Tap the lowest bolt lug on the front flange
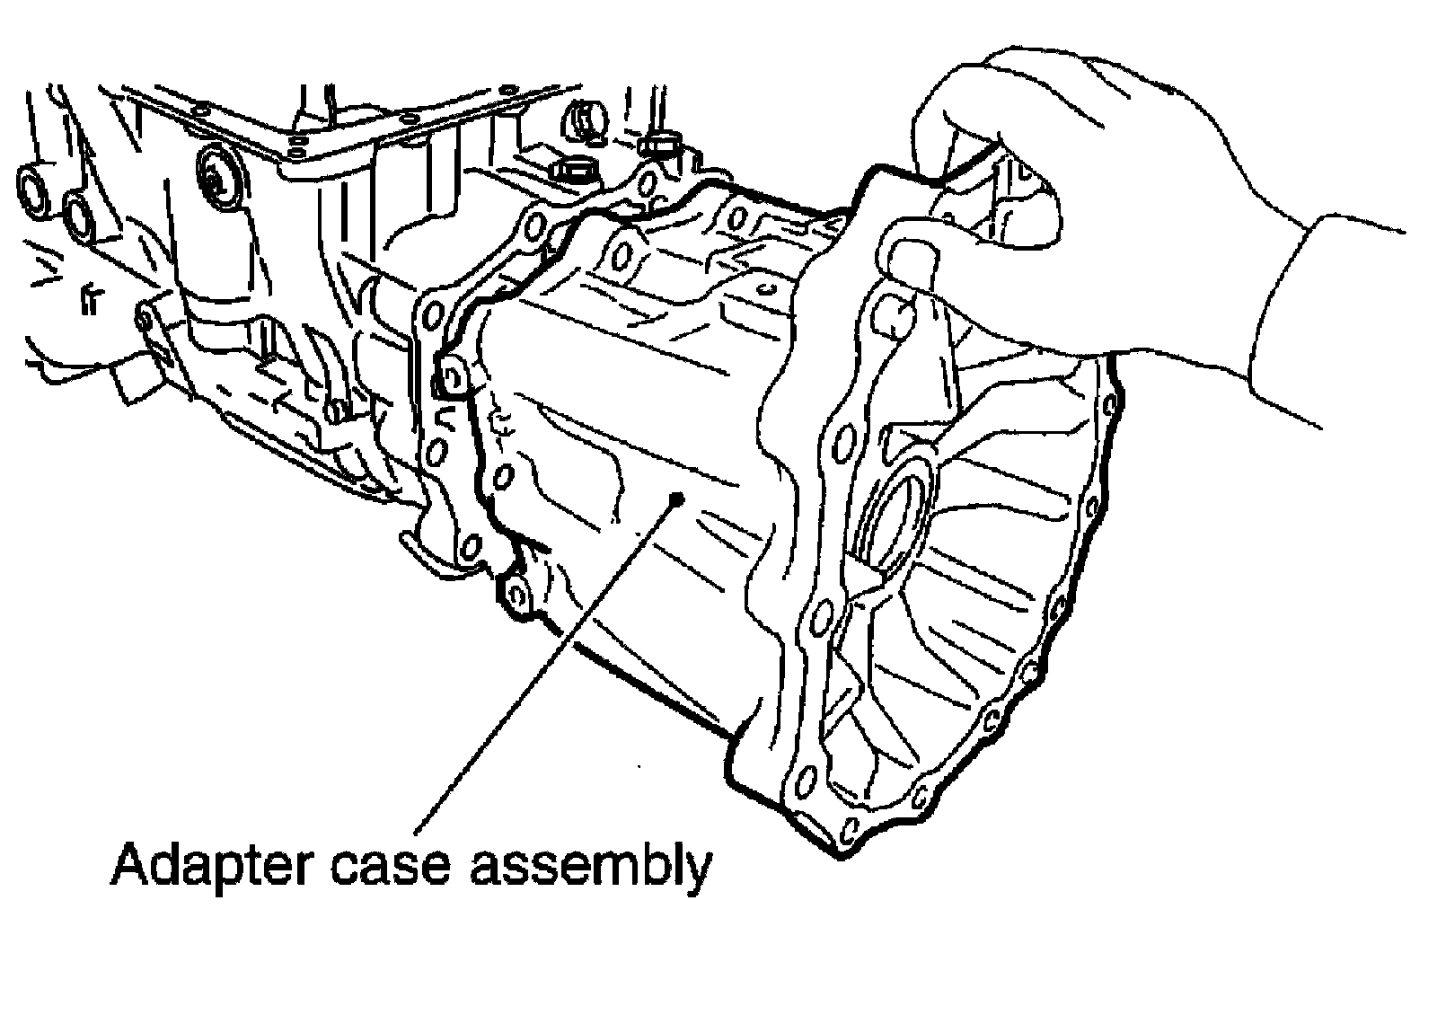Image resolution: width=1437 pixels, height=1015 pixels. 515,594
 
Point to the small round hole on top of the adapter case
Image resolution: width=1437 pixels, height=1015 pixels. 764,290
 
